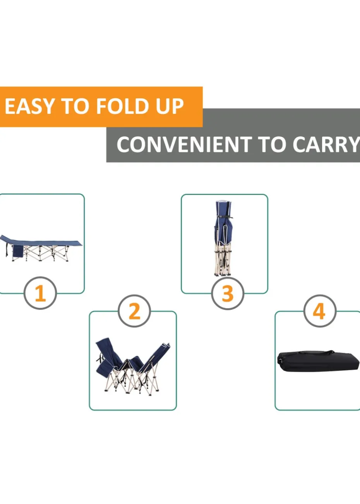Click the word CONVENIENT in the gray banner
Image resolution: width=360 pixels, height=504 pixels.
coord(184,144)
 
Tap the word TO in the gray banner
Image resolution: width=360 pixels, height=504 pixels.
coord(272,144)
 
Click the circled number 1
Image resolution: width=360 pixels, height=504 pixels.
coord(40,293)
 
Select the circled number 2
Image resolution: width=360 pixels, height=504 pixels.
coord(134,311)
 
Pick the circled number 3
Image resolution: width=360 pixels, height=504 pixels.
coord(228,293)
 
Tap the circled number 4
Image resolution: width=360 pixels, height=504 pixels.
coord(320,311)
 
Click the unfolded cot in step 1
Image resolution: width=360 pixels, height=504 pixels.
coord(41,248)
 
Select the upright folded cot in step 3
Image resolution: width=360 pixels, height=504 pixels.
coord(223,238)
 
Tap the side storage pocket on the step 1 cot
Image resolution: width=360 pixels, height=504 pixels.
coord(17,251)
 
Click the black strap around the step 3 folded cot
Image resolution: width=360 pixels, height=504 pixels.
coord(224,217)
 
